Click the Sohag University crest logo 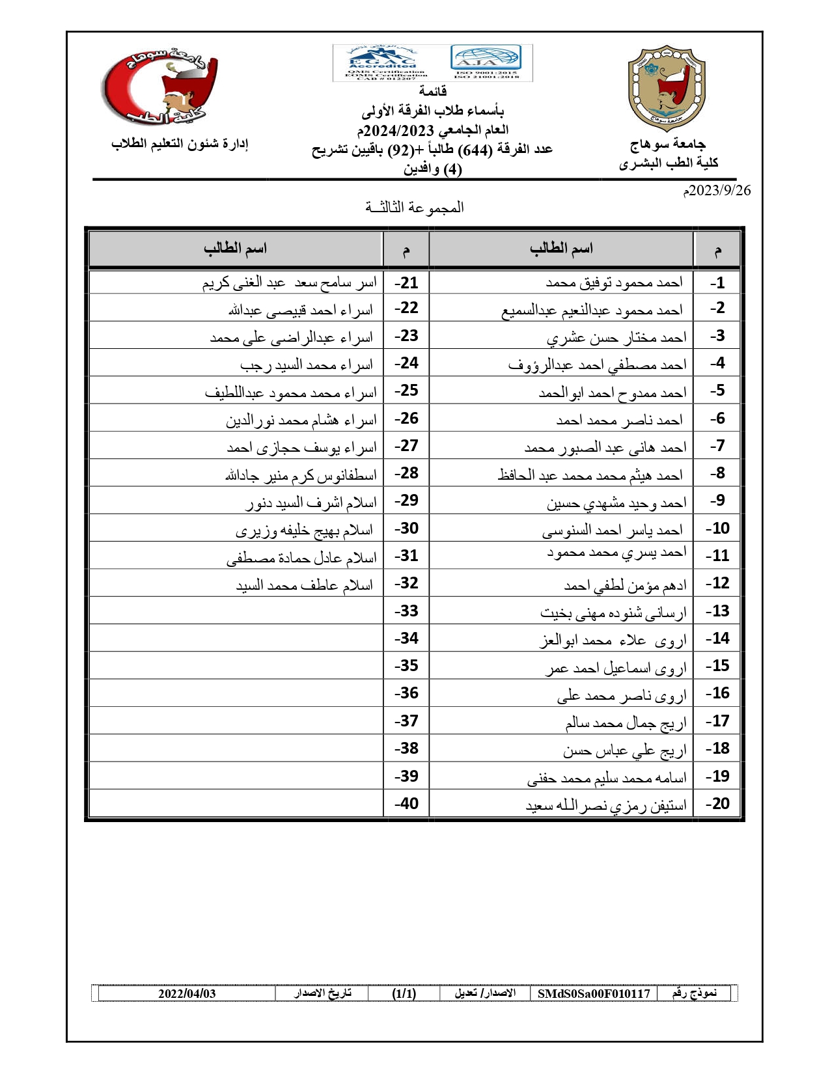pos(666,89)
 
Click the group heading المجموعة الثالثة pos(415,208)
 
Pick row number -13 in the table pos(717,611)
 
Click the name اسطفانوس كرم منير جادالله pos(301,475)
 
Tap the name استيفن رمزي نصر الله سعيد pos(606,805)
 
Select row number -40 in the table pos(406,804)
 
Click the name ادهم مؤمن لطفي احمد pos(625,585)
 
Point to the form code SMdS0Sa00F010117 pos(594,993)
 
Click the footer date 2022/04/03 pos(187,993)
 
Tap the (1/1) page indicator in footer pos(404,993)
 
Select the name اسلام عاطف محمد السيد pos(305,585)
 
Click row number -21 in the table pos(406,283)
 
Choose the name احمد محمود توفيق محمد pos(614,282)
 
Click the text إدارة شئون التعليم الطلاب pos(180,144)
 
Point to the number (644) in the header pos(474,150)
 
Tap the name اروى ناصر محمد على pos(621,695)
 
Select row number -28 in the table pos(406,473)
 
